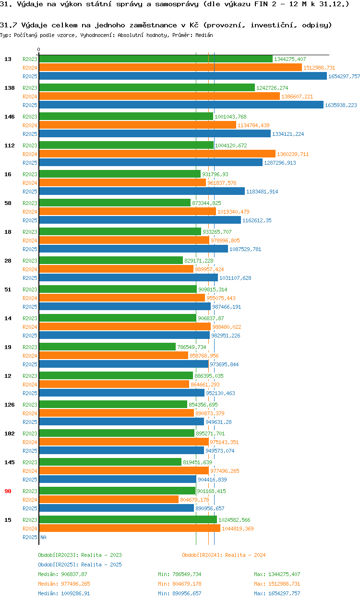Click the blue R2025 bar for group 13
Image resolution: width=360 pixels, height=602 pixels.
point(182,76)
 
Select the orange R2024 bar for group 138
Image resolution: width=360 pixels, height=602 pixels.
point(159,96)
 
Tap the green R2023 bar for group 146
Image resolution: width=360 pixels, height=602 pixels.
point(126,117)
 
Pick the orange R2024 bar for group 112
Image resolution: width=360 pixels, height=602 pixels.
point(157,154)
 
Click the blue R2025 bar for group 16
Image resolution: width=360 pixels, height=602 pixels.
point(142,192)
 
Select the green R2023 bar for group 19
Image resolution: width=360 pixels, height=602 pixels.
point(107,347)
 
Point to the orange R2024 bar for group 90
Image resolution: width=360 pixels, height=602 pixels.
point(108,500)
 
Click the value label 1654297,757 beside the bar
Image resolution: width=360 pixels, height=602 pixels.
point(344,76)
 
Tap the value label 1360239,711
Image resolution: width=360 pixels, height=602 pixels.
point(293,154)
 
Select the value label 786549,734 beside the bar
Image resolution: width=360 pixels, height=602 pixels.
point(192,347)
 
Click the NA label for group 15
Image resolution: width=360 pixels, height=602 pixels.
point(43,537)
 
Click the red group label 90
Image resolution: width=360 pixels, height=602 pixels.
point(8,491)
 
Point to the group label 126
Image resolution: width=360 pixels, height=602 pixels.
point(9,405)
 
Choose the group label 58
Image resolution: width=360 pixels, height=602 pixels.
point(8,203)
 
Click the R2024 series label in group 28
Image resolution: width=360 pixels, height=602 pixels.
point(30,269)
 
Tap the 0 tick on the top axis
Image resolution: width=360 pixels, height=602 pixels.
point(39,50)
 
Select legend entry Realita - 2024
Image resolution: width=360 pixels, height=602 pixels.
point(224,555)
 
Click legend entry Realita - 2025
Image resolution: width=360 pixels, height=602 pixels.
point(80,565)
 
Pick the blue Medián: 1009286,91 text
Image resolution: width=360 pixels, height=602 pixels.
point(64,593)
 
